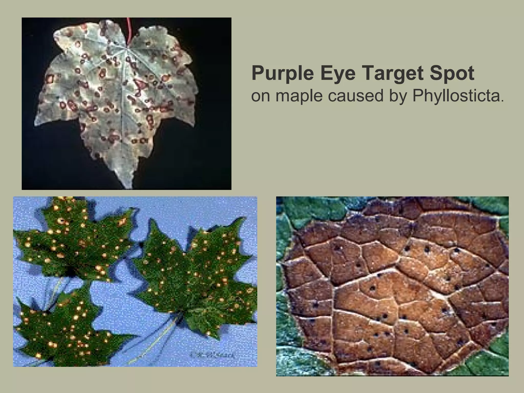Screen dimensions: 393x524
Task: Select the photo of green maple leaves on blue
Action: pyautogui.click(x=135, y=281)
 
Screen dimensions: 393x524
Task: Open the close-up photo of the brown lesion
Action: pyautogui.click(x=392, y=286)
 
